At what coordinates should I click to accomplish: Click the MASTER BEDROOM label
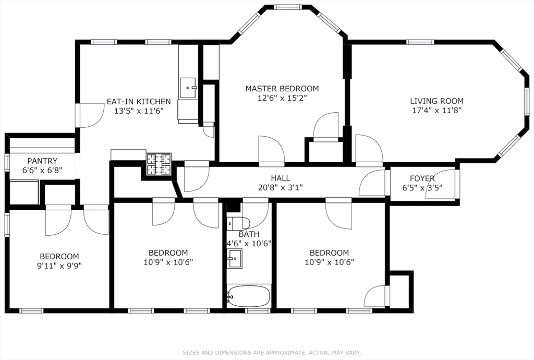282,89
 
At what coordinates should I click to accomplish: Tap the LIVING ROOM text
436,101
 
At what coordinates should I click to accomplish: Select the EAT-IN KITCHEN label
139,102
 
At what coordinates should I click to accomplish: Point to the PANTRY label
42,161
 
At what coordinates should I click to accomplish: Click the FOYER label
422,178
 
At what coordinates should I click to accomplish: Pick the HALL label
281,178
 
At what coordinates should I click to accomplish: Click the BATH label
249,234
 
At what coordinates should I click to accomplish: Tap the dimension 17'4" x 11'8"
436,111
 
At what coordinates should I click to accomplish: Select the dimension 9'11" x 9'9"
59,266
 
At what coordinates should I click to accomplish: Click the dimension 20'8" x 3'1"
281,187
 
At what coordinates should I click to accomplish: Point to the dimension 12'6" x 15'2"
282,98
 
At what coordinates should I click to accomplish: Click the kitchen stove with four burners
159,164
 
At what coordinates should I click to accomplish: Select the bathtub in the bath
249,296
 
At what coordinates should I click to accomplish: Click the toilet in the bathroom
238,223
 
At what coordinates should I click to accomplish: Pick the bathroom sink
235,258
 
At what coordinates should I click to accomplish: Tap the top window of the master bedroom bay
288,7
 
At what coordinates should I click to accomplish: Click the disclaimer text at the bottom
272,353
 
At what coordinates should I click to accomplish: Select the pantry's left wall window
6,162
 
